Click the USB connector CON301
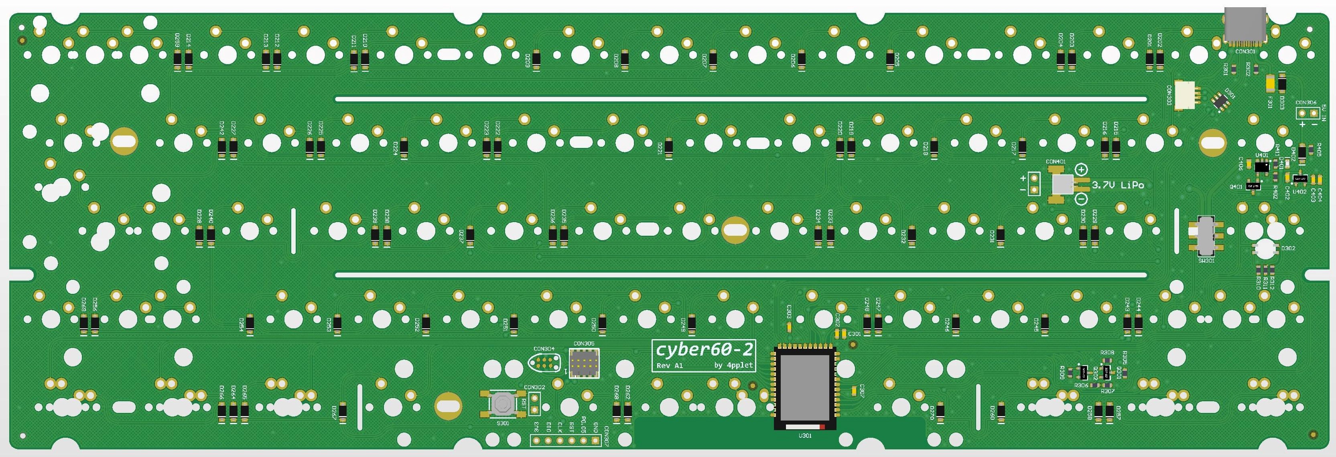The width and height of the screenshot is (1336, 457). click(1244, 26)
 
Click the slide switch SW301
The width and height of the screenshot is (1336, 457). click(1207, 236)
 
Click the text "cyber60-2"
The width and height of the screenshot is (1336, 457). click(703, 350)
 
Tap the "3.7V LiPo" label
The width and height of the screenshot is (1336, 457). click(1118, 185)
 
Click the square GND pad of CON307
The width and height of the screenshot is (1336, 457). click(595, 441)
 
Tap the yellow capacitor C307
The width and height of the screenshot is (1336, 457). click(854, 390)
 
